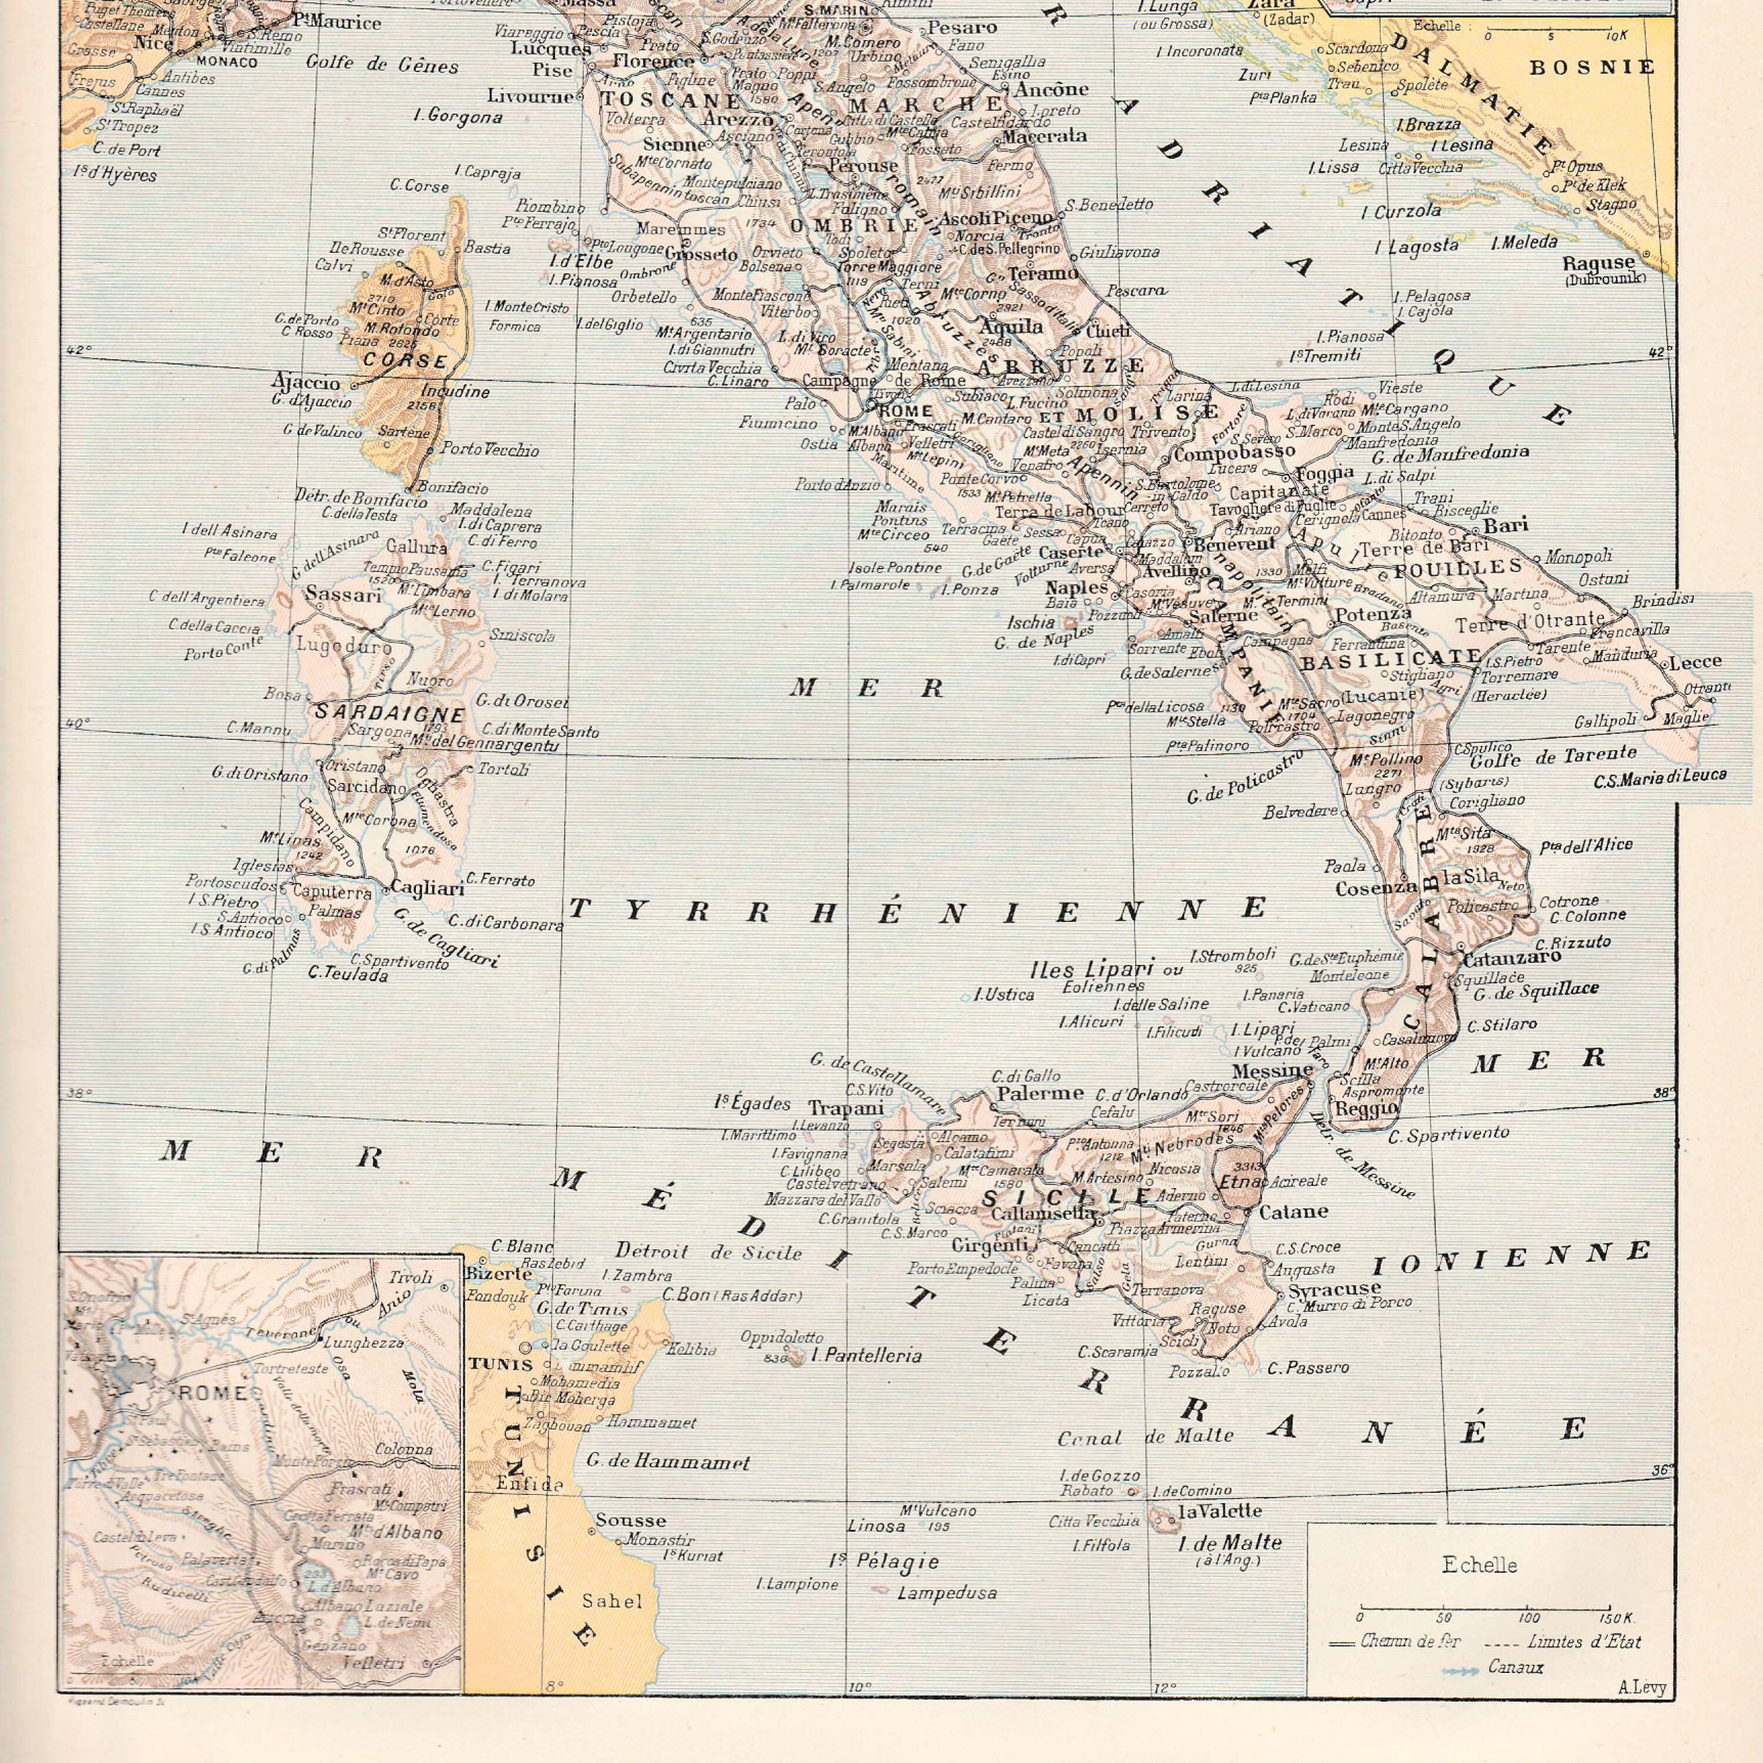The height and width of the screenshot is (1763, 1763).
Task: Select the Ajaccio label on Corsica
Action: [x=305, y=383]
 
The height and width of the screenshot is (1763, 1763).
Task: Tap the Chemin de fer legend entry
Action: [x=1410, y=1641]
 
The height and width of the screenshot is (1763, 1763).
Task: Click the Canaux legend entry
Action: [x=1515, y=1667]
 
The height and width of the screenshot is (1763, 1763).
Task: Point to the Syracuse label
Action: [x=1334, y=1289]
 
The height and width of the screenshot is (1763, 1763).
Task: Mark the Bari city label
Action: [x=1505, y=525]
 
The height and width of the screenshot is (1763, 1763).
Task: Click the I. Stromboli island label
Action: [x=1232, y=956]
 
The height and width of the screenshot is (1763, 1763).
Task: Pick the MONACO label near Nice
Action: [x=226, y=62]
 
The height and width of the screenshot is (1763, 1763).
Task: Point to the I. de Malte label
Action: [x=1229, y=1543]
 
